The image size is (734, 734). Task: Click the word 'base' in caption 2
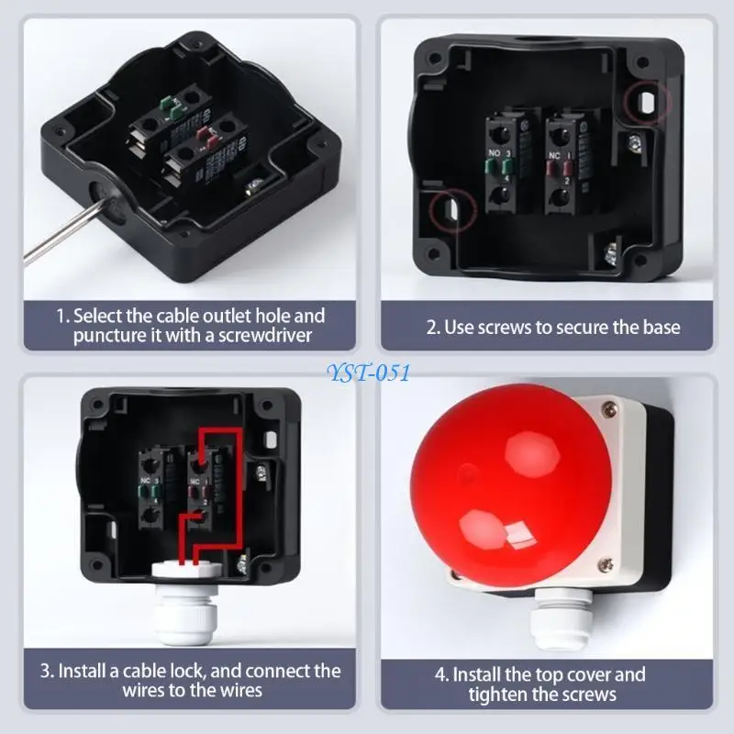pyautogui.click(x=659, y=327)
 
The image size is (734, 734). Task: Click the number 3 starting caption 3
pyautogui.click(x=45, y=671)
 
